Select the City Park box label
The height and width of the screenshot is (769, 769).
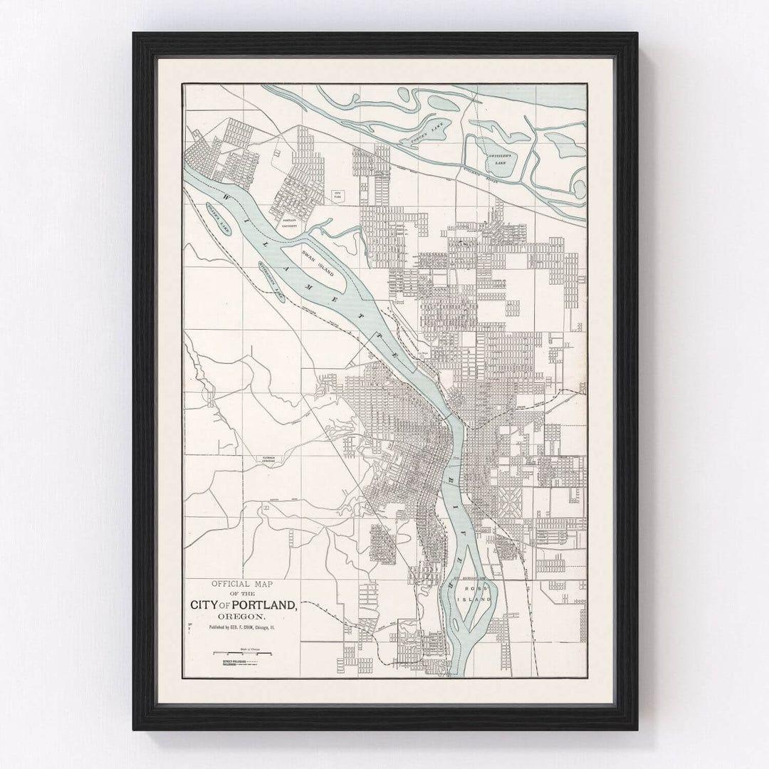338,194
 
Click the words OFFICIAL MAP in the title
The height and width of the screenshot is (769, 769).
242,581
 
